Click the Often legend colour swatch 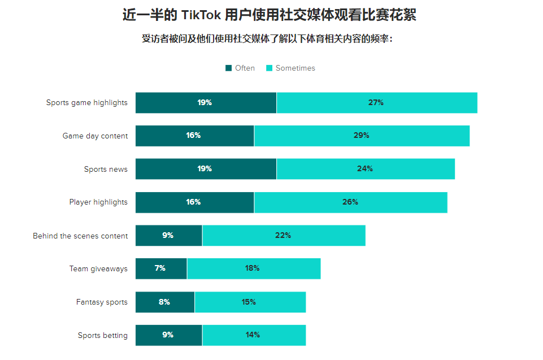(228, 68)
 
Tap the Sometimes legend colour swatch (269, 68)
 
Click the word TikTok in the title (201, 15)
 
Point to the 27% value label (376, 103)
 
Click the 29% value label (361, 136)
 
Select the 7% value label (160, 268)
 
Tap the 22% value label (283, 236)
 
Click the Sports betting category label (103, 335)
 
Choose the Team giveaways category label (98, 268)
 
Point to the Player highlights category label (98, 202)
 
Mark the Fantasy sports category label (102, 302)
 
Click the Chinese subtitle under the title (267, 40)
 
